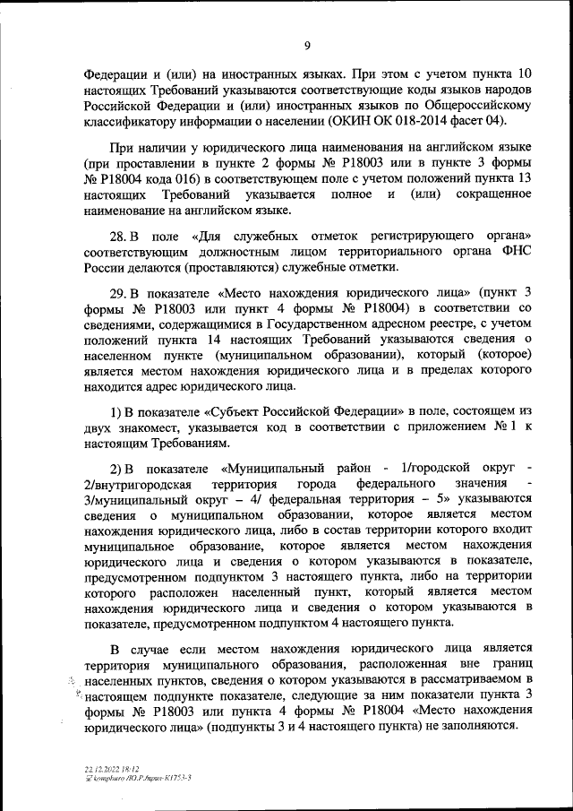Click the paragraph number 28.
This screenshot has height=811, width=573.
[x=119, y=235]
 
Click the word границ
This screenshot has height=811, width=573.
[x=511, y=663]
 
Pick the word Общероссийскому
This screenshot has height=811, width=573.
[x=453, y=105]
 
